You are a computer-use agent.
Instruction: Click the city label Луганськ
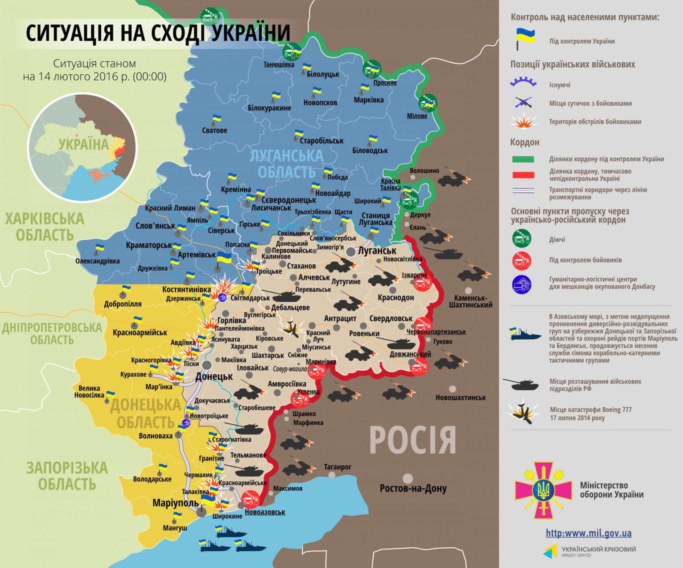click(x=377, y=250)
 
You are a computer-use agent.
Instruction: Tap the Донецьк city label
click(x=214, y=376)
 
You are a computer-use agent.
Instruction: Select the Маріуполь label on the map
click(x=175, y=503)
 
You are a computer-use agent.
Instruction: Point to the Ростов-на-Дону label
click(x=413, y=488)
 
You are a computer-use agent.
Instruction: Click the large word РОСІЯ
click(x=412, y=440)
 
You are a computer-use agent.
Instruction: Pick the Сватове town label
click(x=214, y=130)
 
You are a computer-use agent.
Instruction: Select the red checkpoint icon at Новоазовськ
click(x=249, y=498)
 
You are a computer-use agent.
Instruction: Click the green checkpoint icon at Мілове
click(x=428, y=103)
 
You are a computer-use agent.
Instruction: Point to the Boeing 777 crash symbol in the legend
click(x=522, y=412)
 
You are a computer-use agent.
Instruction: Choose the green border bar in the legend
click(x=522, y=159)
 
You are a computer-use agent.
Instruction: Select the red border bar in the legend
click(x=522, y=174)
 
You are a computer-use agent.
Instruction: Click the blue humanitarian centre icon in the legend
click(x=522, y=284)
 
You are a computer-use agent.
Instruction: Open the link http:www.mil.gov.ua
click(x=588, y=533)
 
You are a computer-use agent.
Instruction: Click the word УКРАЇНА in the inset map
click(x=83, y=145)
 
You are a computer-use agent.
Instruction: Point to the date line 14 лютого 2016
click(x=94, y=76)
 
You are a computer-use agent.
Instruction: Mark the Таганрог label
click(x=337, y=467)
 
